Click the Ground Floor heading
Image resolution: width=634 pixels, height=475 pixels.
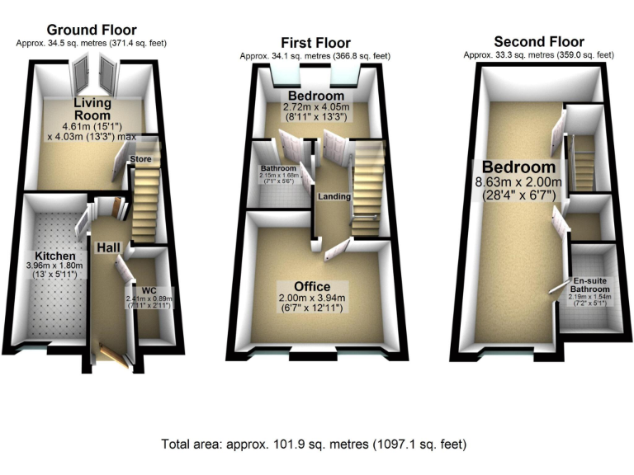coord(91,31)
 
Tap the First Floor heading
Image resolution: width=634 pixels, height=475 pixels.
coord(315,43)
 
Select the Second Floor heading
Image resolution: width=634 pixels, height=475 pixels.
coord(538,41)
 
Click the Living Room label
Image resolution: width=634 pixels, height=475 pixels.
coord(92,109)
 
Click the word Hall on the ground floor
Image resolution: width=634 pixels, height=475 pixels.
coord(108,247)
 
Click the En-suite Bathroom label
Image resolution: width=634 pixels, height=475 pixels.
coord(593,285)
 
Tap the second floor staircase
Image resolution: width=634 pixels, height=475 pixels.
coord(584,162)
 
